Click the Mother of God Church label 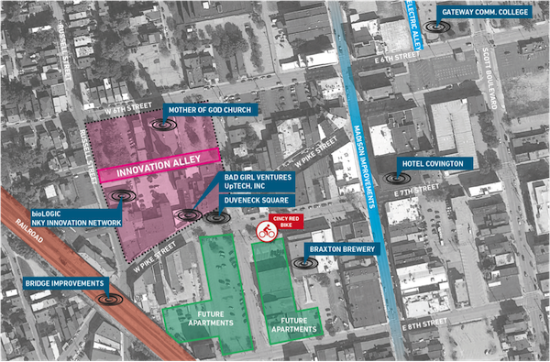[210, 112]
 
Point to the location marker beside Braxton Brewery [299, 262]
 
